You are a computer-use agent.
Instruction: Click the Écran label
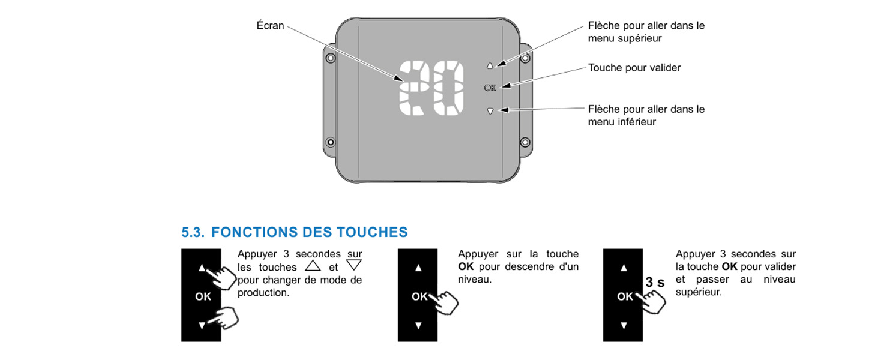pos(270,25)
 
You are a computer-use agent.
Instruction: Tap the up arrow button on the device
pos(490,65)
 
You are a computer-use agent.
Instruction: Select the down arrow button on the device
pos(490,111)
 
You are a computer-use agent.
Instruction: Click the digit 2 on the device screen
pos(413,88)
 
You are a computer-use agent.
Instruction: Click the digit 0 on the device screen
pos(448,88)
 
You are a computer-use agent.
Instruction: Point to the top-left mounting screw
pos(331,58)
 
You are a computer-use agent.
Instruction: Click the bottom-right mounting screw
pos(525,142)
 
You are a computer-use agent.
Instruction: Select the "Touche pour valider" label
pos(634,68)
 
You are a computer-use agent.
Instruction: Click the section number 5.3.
pos(193,232)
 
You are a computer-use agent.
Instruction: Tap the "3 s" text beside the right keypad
pos(655,282)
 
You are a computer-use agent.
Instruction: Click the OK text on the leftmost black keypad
pos(203,296)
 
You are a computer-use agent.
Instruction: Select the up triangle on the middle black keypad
pos(418,268)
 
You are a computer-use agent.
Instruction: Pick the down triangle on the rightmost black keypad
pos(624,326)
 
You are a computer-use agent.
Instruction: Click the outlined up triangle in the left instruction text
pos(313,266)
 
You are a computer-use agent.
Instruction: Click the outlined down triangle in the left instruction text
pos(353,265)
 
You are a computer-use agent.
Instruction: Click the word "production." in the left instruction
pos(263,293)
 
